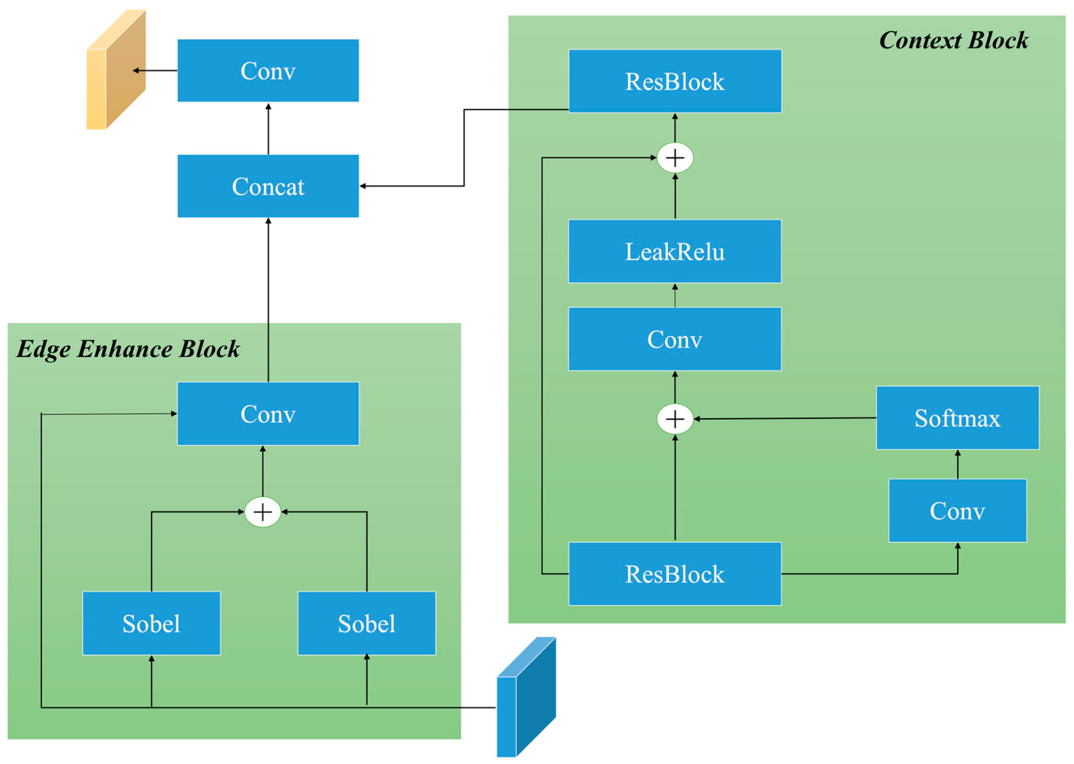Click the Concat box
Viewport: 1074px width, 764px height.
pyautogui.click(x=268, y=186)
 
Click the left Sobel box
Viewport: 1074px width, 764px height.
pyautogui.click(x=151, y=623)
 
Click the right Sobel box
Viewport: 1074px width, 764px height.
pyautogui.click(x=366, y=623)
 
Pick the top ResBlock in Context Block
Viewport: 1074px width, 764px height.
pyautogui.click(x=675, y=81)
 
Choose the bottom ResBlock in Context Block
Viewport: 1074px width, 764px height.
pyautogui.click(x=675, y=574)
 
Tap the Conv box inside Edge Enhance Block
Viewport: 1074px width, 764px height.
pyautogui.click(x=268, y=414)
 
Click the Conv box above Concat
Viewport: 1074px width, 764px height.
pyautogui.click(x=268, y=70)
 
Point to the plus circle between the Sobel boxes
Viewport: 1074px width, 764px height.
pyautogui.click(x=262, y=512)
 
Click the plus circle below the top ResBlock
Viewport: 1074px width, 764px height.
pyautogui.click(x=675, y=157)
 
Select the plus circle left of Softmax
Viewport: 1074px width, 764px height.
pyautogui.click(x=675, y=419)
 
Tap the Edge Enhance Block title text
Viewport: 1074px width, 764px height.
pyautogui.click(x=128, y=349)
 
